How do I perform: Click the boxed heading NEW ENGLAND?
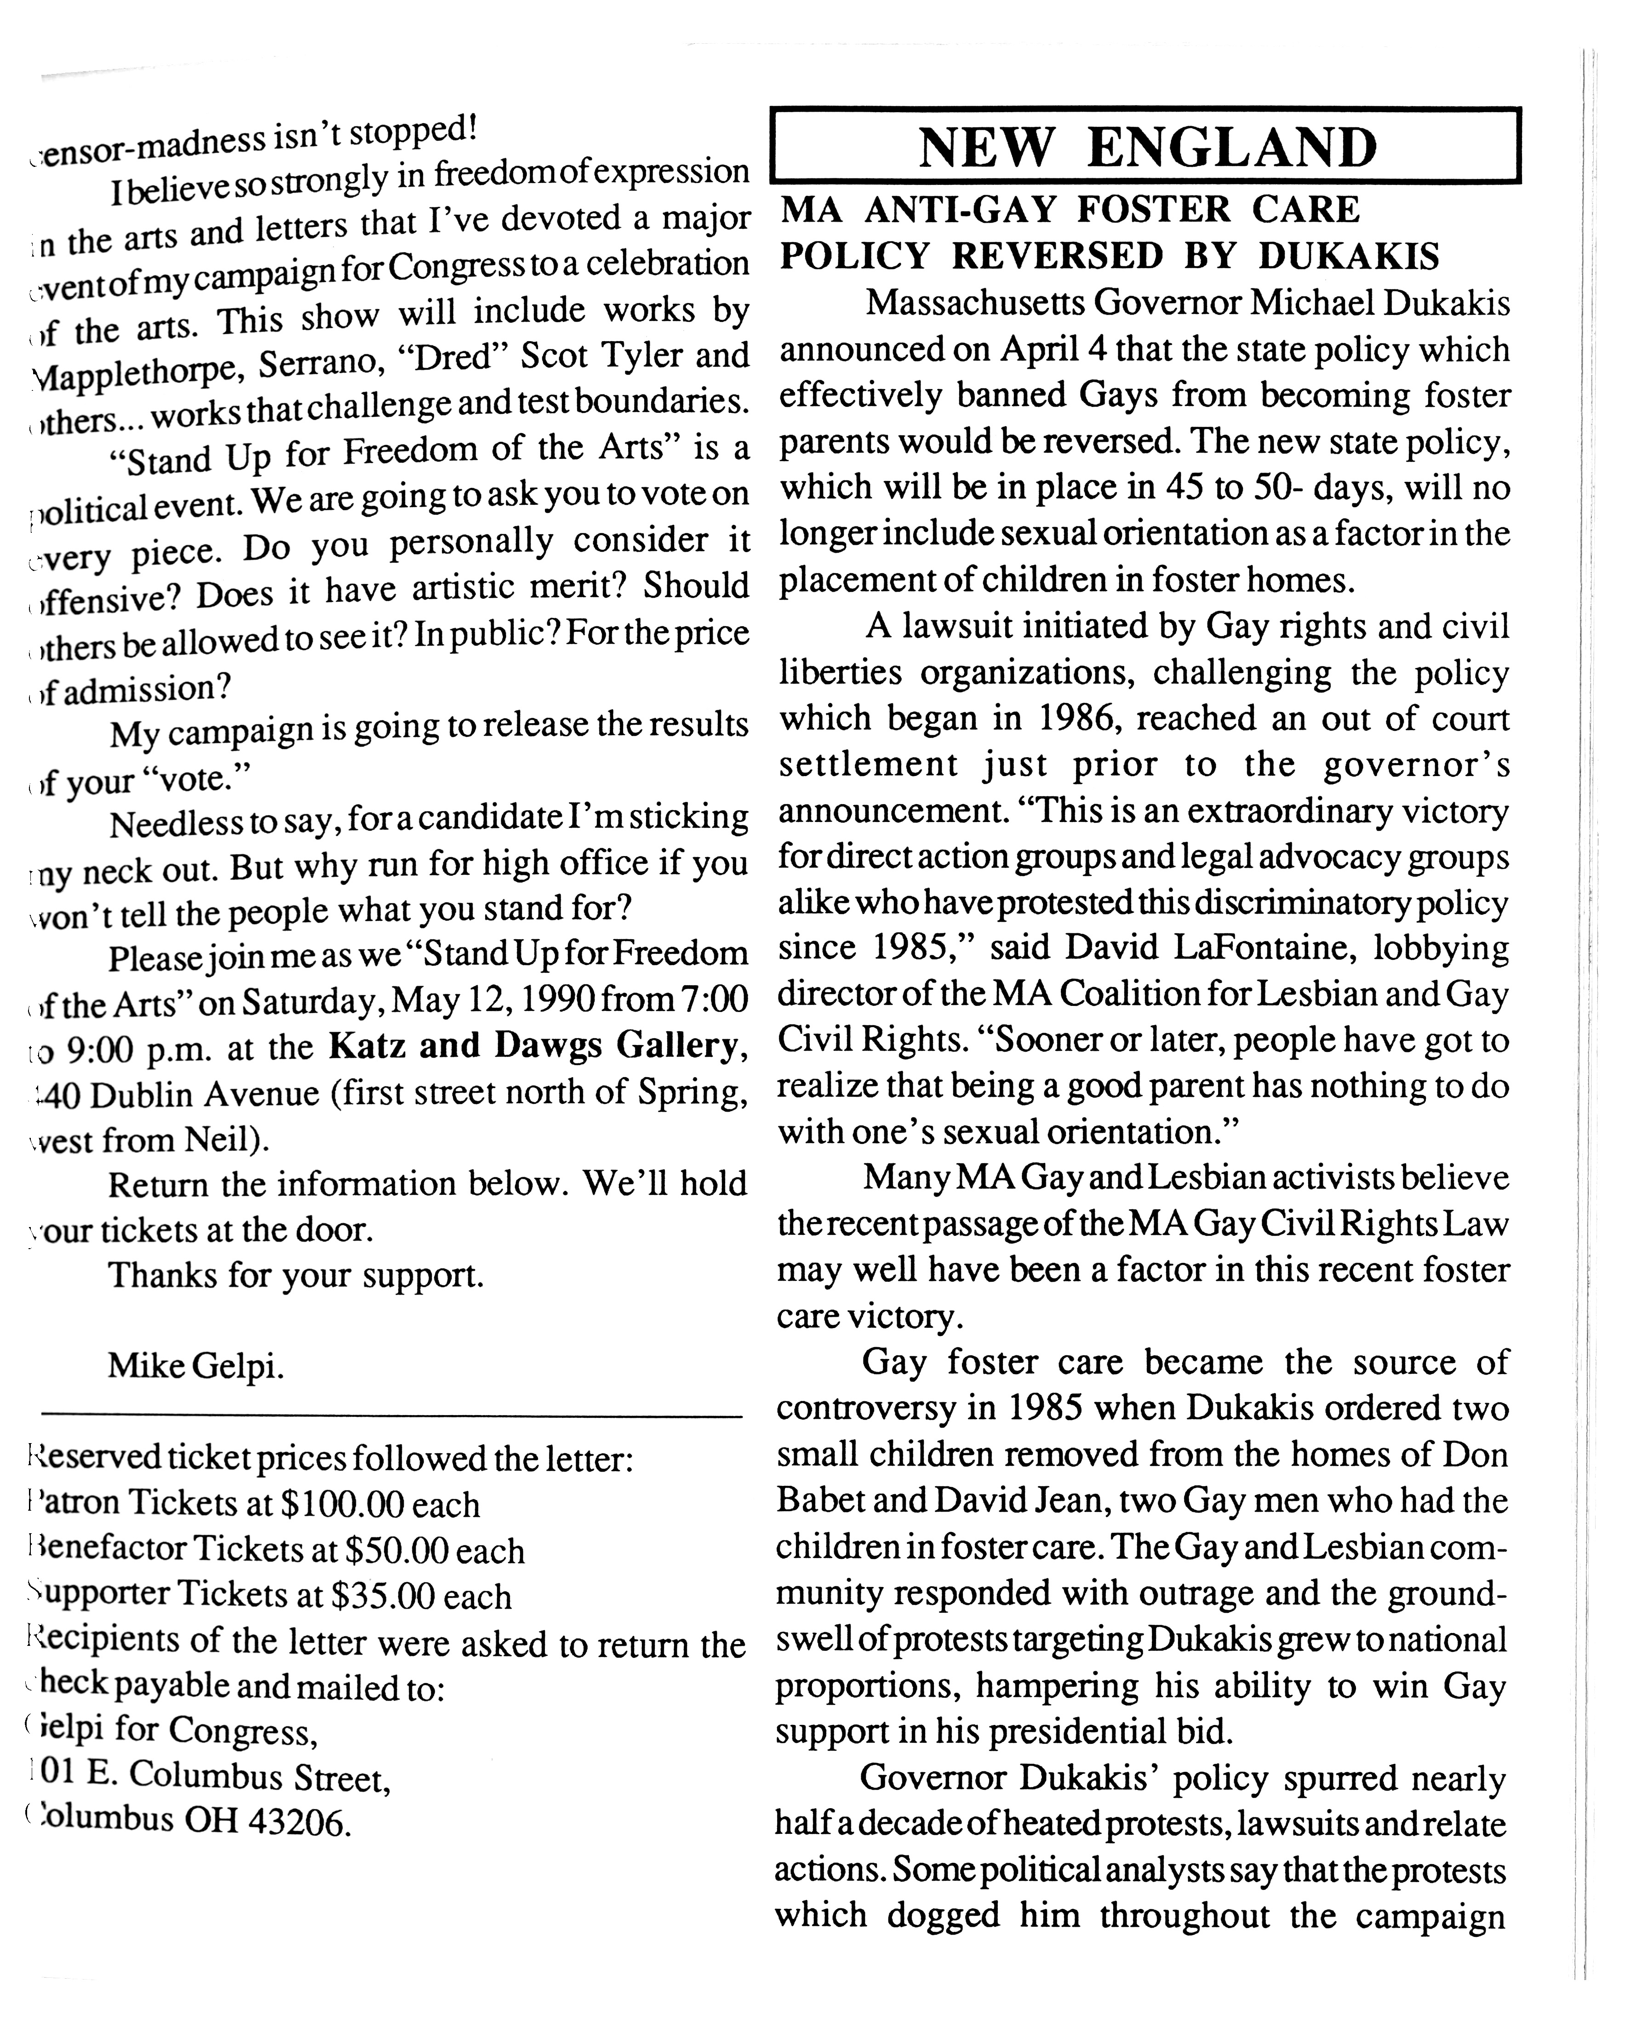click(1147, 147)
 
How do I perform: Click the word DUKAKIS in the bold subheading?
click(1349, 257)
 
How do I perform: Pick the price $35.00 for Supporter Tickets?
click(383, 1597)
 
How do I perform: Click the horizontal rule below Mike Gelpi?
click(391, 1417)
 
